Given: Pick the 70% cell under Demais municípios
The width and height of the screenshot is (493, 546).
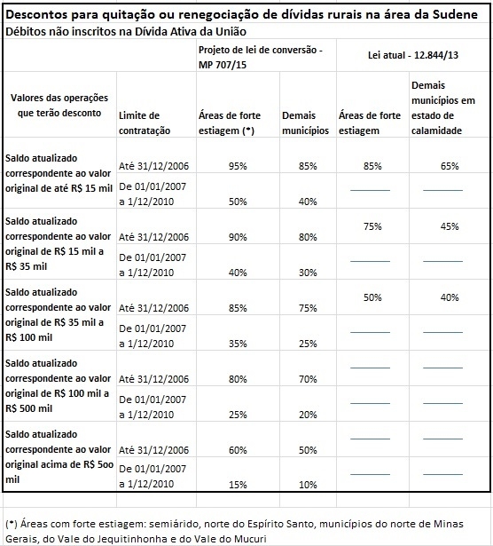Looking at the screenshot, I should click(304, 379).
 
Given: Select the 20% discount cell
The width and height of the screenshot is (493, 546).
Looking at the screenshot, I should click(304, 415).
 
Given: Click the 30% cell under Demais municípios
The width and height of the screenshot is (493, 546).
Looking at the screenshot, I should click(304, 273).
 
